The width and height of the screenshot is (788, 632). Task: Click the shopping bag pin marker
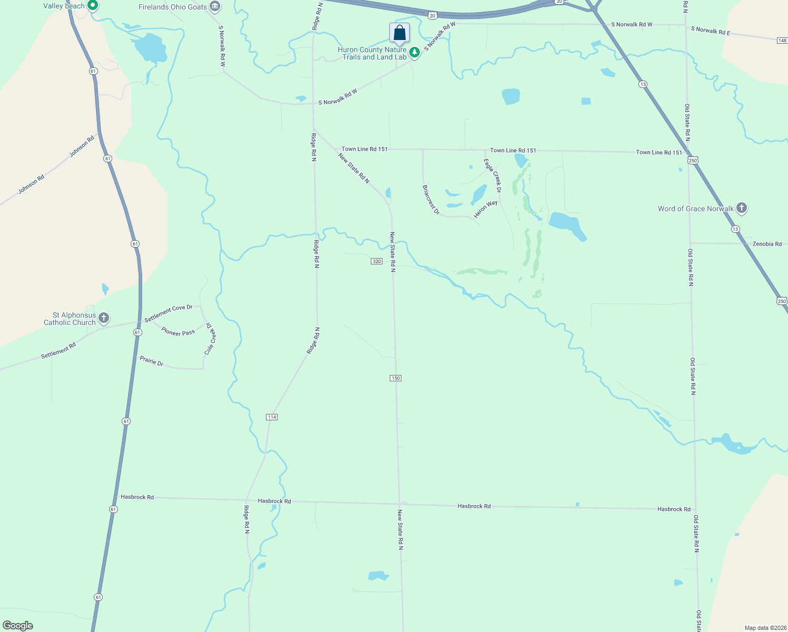click(x=400, y=33)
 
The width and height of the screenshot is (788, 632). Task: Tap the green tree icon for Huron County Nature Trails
click(x=415, y=52)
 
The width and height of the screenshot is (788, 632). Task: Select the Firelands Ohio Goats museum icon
click(x=214, y=7)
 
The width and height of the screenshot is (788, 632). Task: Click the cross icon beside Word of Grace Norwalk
click(x=741, y=208)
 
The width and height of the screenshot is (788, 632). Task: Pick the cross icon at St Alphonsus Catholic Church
click(x=104, y=318)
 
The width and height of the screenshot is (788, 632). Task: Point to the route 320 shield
click(x=377, y=261)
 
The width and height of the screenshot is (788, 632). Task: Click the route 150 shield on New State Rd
click(x=396, y=378)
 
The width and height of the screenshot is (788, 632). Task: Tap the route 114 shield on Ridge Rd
click(x=272, y=417)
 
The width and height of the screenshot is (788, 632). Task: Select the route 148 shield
click(x=782, y=41)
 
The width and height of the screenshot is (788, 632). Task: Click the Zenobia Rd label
click(x=767, y=244)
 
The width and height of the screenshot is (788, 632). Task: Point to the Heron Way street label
click(x=486, y=209)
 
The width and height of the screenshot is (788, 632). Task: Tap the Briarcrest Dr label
click(x=431, y=199)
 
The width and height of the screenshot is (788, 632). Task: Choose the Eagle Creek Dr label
click(x=493, y=175)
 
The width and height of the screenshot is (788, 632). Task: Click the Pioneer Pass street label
click(x=178, y=332)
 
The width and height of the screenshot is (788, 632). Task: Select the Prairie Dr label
click(x=152, y=362)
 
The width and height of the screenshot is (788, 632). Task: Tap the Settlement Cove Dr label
click(x=169, y=313)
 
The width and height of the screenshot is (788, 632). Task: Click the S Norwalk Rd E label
click(x=711, y=31)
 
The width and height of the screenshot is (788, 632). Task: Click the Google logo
click(x=18, y=626)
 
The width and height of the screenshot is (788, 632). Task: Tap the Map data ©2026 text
click(x=765, y=628)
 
